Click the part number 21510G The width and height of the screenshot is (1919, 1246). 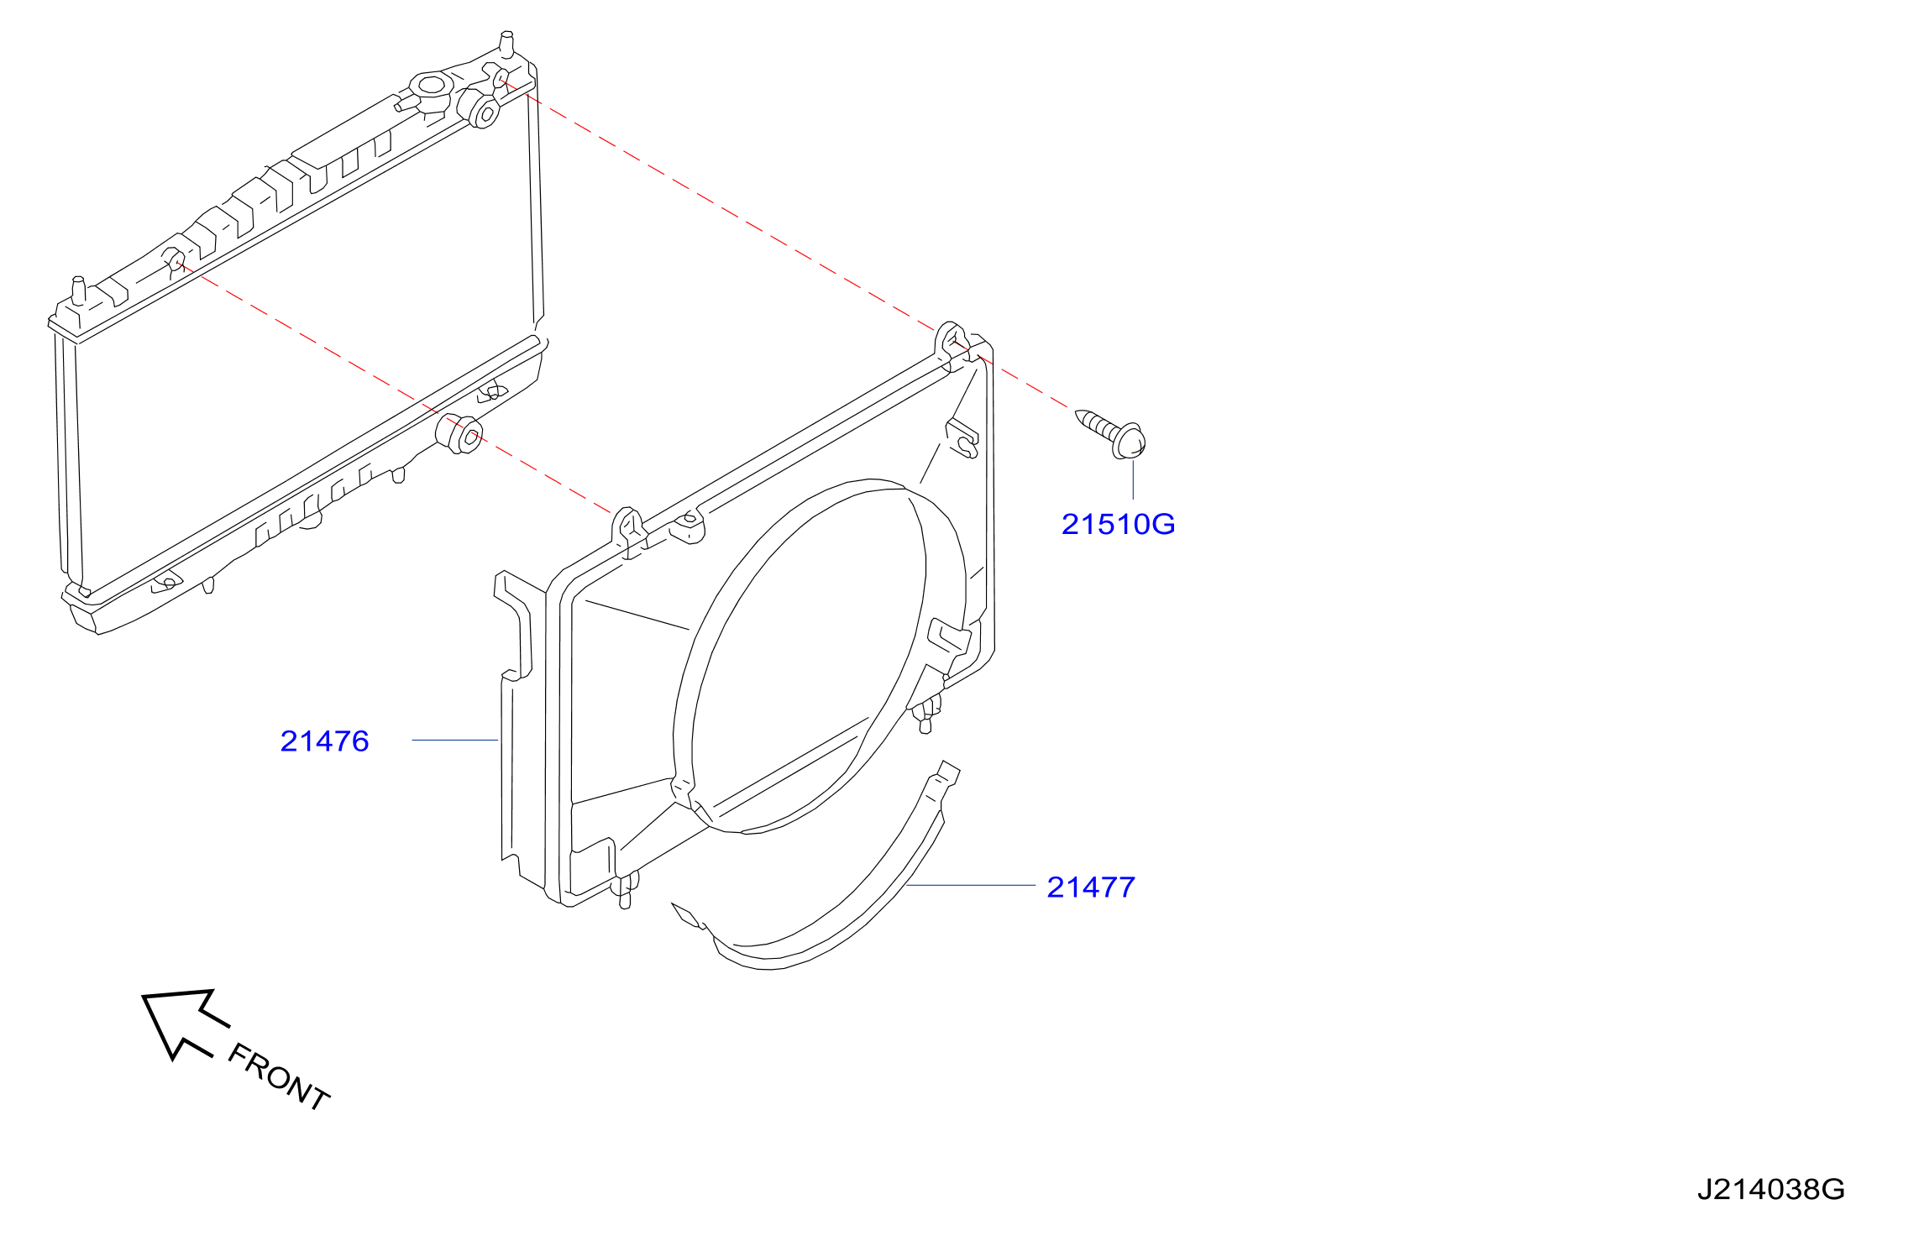1118,524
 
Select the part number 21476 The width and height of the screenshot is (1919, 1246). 324,741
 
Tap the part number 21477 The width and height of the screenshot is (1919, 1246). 1091,887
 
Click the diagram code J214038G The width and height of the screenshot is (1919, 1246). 1770,1189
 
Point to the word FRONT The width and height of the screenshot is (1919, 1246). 279,1076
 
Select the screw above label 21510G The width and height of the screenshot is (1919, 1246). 1111,433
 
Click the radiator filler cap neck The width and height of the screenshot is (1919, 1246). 431,86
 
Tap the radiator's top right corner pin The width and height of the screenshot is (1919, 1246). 506,43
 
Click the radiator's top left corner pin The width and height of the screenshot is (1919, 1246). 78,290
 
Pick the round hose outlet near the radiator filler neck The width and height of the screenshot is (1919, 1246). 478,107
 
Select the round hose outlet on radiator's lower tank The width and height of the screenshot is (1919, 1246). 459,433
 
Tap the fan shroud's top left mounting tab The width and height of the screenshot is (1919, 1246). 628,529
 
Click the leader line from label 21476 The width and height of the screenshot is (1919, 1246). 455,740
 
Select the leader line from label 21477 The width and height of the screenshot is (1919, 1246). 971,885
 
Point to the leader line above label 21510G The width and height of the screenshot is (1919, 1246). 1133,479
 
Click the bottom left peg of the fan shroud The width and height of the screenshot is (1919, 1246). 624,891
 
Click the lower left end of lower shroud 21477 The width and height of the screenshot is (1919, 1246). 686,915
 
